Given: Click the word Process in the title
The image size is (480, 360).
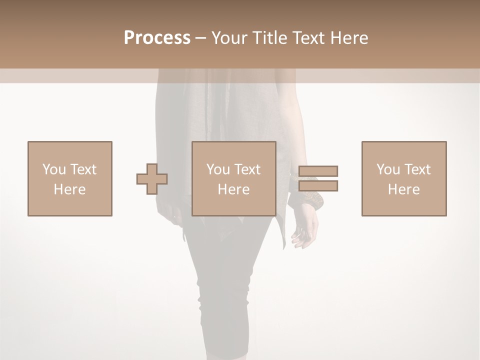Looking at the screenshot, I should [x=157, y=38].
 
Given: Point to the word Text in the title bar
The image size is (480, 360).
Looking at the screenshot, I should [x=310, y=38].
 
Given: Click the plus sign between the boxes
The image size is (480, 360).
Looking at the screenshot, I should [x=152, y=179].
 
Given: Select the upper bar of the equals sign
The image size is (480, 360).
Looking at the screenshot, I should [x=318, y=171].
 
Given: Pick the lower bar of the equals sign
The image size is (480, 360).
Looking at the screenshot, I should [x=318, y=185].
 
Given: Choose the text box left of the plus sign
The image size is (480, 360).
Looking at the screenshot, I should [x=70, y=178].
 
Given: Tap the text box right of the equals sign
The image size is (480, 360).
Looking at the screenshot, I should [x=404, y=178].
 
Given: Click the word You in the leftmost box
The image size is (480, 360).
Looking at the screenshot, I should [x=54, y=169].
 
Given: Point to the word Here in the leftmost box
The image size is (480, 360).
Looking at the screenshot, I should [x=69, y=189].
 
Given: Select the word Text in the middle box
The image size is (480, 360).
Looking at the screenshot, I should [x=247, y=169].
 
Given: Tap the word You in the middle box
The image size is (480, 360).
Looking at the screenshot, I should [x=218, y=169].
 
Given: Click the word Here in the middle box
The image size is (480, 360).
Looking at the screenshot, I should [x=233, y=189].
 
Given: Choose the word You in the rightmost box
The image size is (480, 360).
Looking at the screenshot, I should [x=388, y=169].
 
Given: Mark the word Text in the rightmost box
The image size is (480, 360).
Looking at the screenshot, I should [x=417, y=169].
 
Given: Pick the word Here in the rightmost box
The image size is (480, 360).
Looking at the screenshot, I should [x=403, y=189].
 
